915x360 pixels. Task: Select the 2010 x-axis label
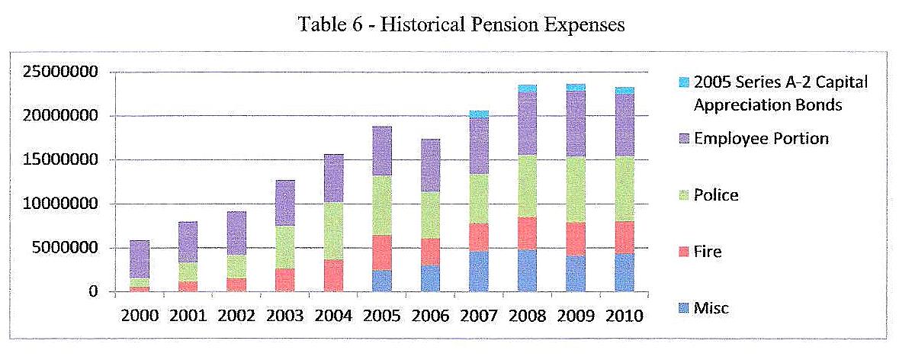point(624,316)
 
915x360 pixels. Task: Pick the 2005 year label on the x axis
point(382,316)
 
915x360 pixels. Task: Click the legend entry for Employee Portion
point(760,139)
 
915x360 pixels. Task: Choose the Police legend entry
point(715,195)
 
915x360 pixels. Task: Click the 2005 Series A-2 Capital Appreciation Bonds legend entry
point(780,94)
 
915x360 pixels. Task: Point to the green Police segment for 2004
point(333,231)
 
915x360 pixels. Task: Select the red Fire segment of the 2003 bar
point(285,280)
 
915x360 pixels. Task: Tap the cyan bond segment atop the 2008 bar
point(527,88)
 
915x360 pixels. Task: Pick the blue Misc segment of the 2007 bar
point(479,272)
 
